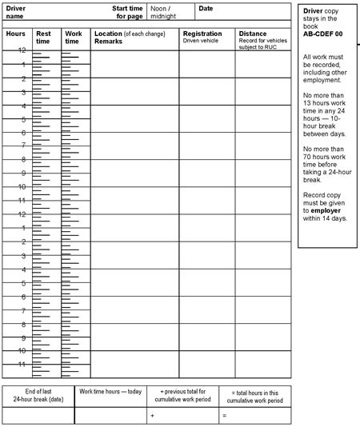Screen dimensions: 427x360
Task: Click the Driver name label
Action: tap(17, 12)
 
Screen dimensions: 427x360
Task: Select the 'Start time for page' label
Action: tap(127, 12)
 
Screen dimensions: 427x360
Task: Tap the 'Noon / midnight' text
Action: tap(164, 12)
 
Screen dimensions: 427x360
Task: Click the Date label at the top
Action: tap(206, 8)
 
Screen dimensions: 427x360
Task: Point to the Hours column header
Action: tap(16, 34)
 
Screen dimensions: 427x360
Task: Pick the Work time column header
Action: tap(73, 37)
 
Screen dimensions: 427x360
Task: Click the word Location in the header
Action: tap(108, 34)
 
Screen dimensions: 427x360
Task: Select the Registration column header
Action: tap(202, 34)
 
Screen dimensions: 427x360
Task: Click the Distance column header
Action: tap(252, 34)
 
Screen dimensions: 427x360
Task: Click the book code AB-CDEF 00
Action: tap(323, 34)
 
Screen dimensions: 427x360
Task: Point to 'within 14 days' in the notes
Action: tap(325, 218)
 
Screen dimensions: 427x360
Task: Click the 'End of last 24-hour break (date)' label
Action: tap(38, 396)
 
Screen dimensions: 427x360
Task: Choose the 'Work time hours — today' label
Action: tap(110, 392)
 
